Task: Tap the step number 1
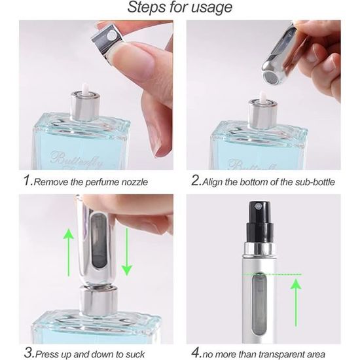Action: pos(27,180)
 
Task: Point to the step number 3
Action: pos(28,353)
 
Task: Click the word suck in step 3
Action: pos(136,354)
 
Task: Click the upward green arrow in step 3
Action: pos(69,252)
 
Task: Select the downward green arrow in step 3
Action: pos(127,252)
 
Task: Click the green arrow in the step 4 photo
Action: pos(296,302)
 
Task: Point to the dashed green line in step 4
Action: pos(272,274)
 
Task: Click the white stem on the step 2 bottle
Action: pos(262,96)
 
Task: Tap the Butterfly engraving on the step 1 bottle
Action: pos(77,159)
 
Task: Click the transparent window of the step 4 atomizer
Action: pos(258,306)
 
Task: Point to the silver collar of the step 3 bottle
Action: pos(99,301)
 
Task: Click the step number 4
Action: pos(196,353)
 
